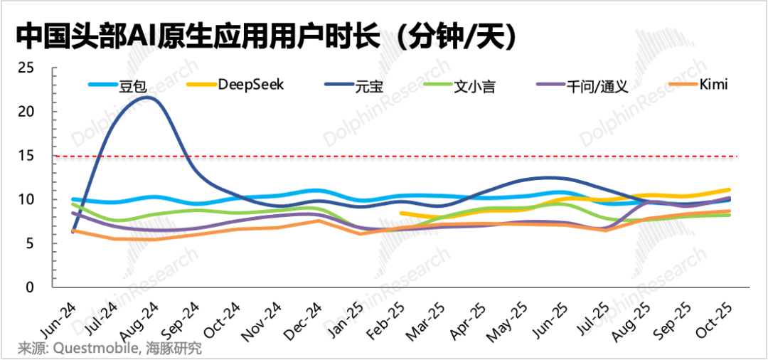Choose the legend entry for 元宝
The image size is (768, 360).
point(366,85)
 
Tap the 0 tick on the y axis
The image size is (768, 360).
point(30,287)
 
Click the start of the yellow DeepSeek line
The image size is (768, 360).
point(402,213)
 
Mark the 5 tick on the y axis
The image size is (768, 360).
point(30,243)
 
